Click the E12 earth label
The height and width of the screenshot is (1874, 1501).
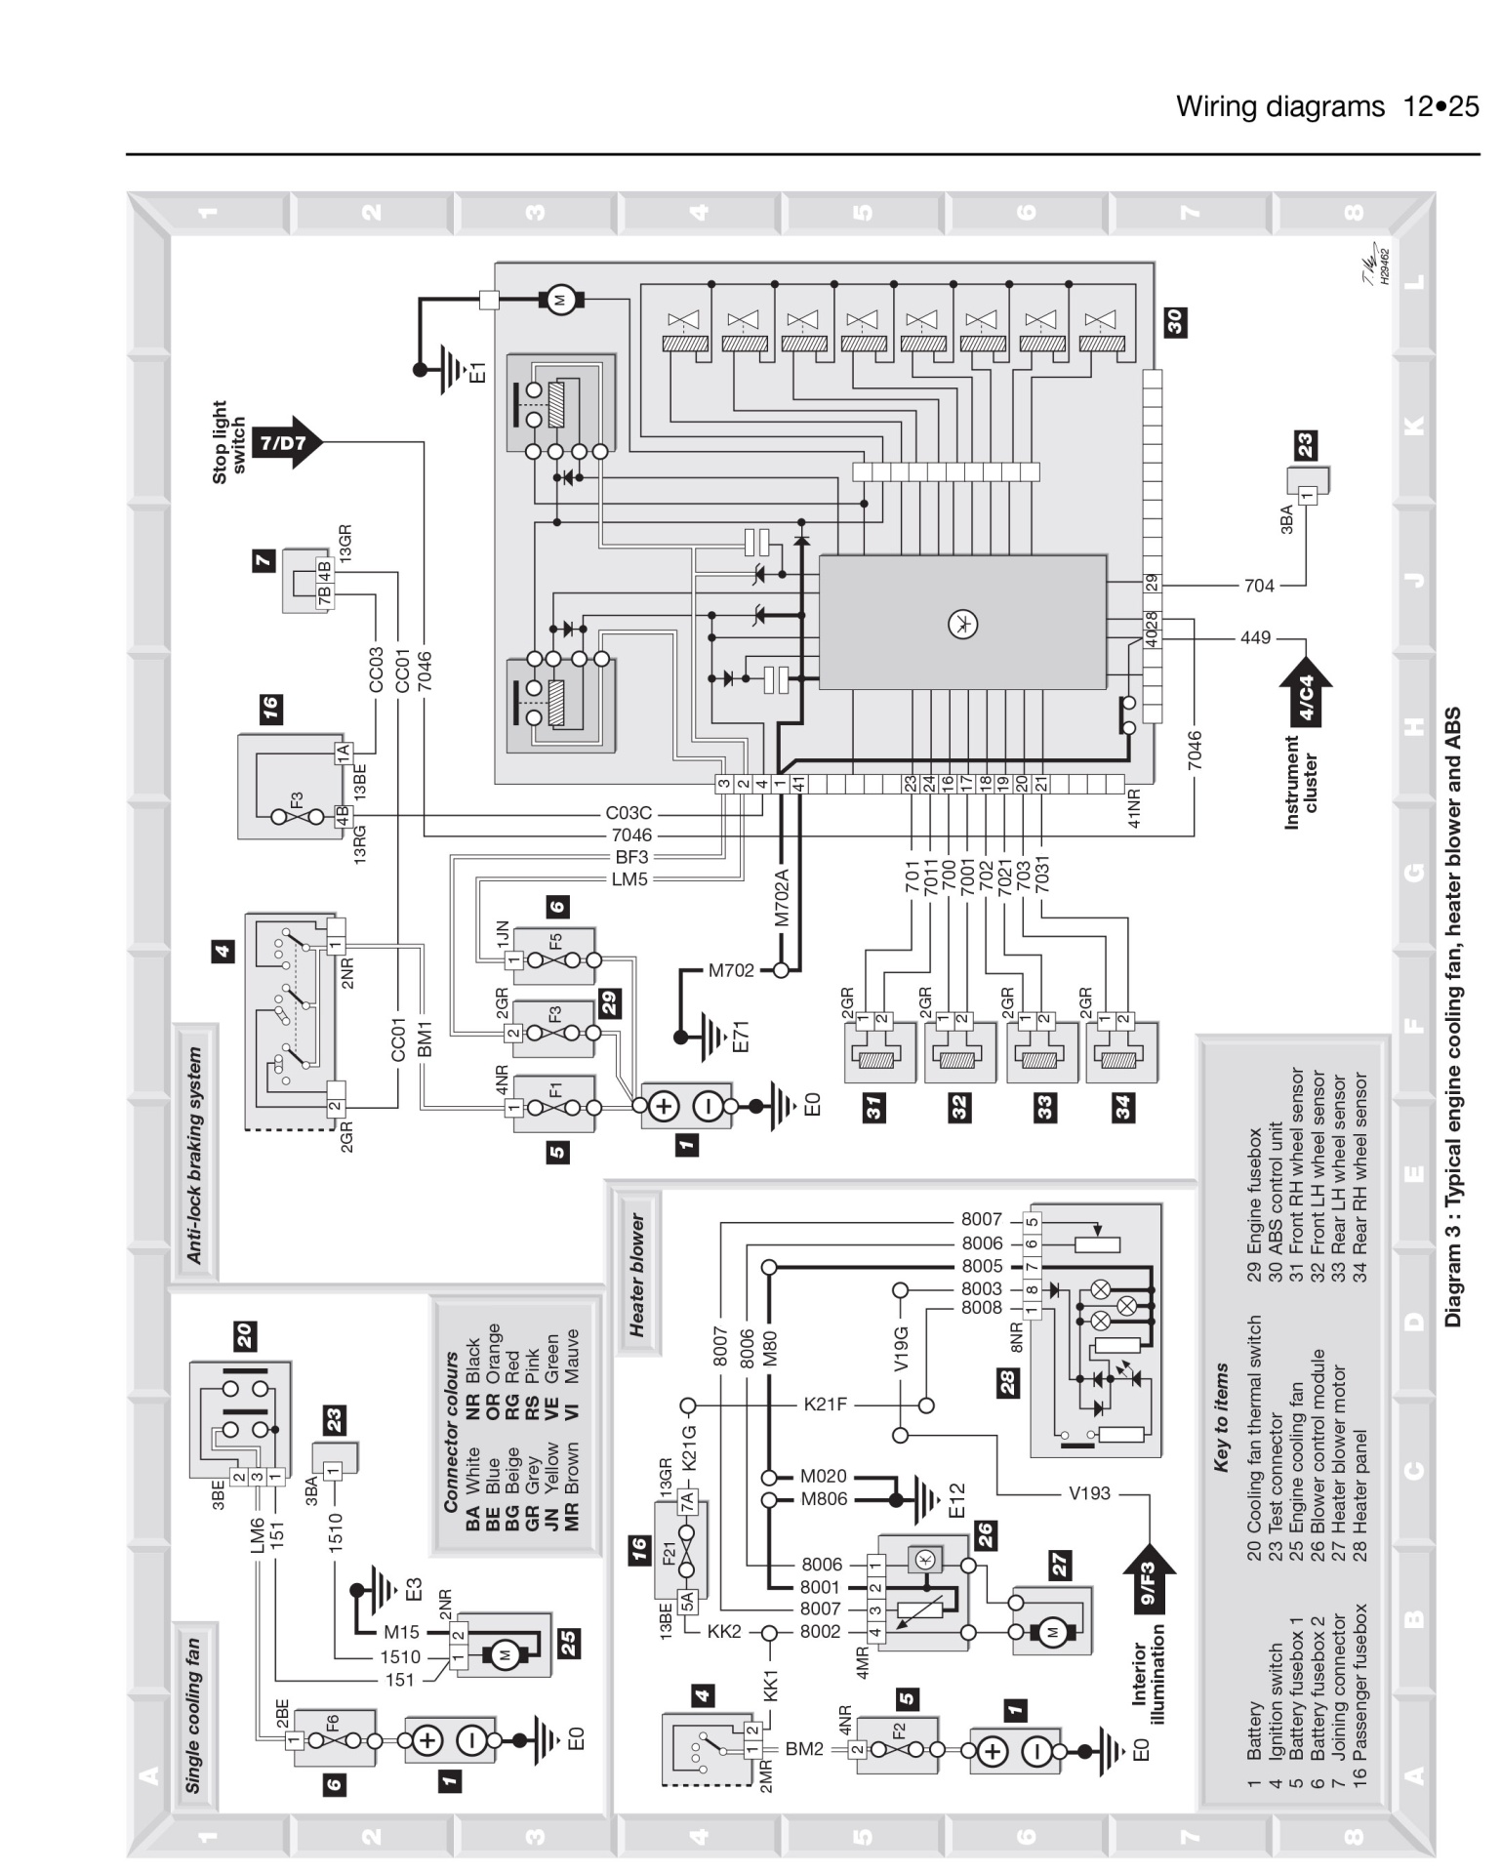955,1499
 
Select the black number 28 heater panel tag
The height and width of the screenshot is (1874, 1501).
1008,1382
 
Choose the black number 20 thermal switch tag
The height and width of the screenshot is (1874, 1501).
244,1335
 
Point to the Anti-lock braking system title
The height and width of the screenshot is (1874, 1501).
194,1155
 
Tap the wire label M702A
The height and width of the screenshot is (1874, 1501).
781,898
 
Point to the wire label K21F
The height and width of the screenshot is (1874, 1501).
825,1405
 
